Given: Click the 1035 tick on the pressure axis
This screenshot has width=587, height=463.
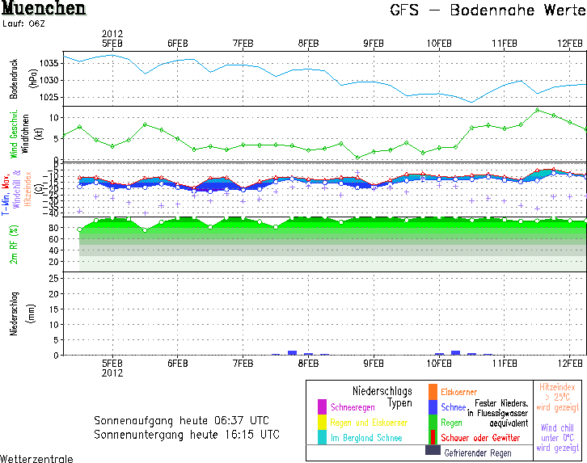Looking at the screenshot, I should coord(50,62).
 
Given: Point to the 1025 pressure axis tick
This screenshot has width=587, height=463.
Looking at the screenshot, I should coord(50,97).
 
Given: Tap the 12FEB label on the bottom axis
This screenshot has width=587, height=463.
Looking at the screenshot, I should coord(570,364).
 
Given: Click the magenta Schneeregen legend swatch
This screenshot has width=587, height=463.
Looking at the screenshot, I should coord(322,406).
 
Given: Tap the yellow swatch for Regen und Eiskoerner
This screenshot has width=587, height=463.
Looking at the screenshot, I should coord(322,423).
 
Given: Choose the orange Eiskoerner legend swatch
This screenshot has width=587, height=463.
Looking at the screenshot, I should coord(433,392).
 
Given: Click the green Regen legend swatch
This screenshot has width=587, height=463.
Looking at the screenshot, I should coord(433,423).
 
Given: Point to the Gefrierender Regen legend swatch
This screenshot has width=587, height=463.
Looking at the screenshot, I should coord(433,453).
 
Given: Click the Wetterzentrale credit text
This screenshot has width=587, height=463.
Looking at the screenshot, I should coord(36,458).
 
